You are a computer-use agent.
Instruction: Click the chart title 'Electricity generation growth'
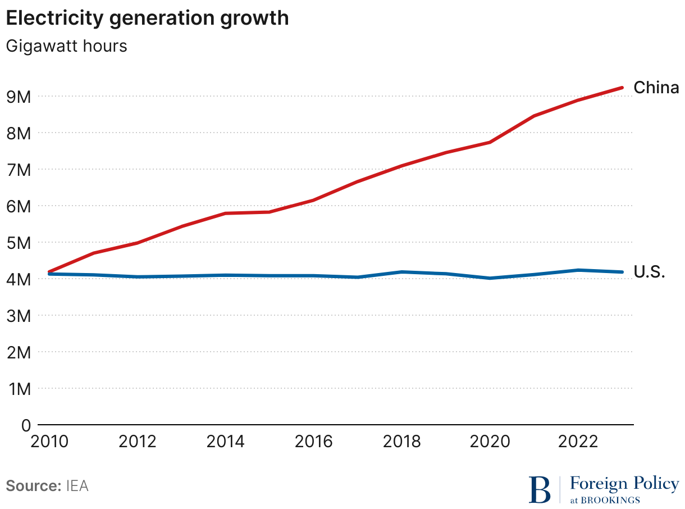click(x=147, y=18)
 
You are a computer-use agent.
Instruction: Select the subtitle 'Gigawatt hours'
click(x=66, y=46)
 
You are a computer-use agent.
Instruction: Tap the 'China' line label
click(x=656, y=88)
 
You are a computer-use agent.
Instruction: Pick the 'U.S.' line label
click(x=650, y=272)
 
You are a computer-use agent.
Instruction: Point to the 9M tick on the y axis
click(x=18, y=97)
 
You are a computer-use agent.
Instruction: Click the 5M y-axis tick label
click(x=18, y=243)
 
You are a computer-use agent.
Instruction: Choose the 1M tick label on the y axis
click(x=18, y=389)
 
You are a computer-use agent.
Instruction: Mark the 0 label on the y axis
click(x=26, y=425)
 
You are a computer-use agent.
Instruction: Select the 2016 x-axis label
click(x=313, y=442)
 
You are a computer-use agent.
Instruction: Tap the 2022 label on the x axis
click(x=577, y=442)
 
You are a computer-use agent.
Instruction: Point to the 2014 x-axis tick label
click(x=225, y=442)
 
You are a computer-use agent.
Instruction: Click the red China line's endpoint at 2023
click(x=622, y=88)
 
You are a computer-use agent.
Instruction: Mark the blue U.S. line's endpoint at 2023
click(x=622, y=272)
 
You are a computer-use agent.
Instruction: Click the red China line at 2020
click(x=490, y=142)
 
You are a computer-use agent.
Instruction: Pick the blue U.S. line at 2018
click(x=402, y=272)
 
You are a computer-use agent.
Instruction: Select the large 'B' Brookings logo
click(x=540, y=489)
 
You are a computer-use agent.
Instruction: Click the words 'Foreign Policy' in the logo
click(x=624, y=483)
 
